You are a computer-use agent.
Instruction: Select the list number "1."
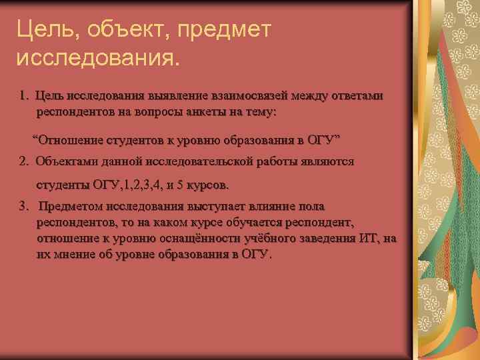point(25,96)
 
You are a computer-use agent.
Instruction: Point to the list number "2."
point(25,161)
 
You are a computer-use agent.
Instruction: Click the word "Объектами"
point(67,161)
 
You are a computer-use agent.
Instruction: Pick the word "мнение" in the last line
point(71,255)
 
